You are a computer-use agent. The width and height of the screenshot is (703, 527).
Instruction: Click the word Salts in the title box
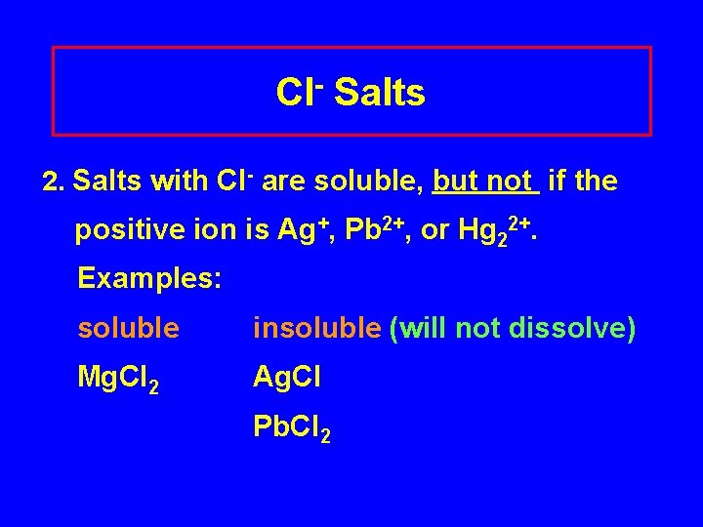[381, 94]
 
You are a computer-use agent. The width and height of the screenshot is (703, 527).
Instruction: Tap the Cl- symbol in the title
[299, 93]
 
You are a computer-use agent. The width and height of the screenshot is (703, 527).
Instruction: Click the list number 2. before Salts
[54, 182]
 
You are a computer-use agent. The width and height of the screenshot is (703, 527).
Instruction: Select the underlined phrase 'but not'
[485, 182]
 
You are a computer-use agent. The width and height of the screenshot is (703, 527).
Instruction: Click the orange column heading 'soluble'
[129, 329]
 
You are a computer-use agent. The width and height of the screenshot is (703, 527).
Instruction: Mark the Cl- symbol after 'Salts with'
[234, 181]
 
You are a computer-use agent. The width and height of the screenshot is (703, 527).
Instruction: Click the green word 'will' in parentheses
[416, 329]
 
